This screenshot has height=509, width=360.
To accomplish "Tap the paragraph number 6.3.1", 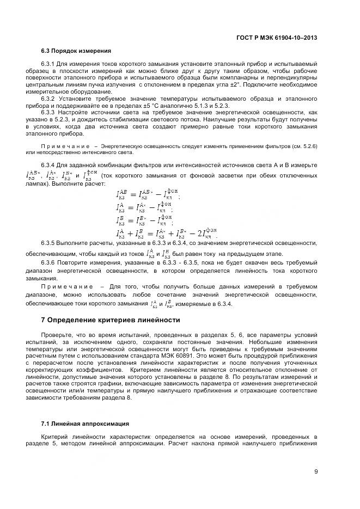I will click(50, 64).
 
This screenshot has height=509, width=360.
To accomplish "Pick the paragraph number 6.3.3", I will click(50, 113).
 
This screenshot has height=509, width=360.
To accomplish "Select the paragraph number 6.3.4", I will click(50, 165).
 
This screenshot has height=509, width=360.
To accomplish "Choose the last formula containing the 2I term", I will click(167, 234).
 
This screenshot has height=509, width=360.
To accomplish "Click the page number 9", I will click(316, 471).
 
